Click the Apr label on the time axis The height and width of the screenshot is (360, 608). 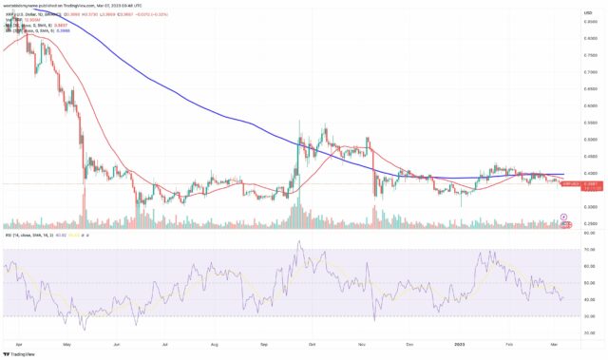20,336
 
